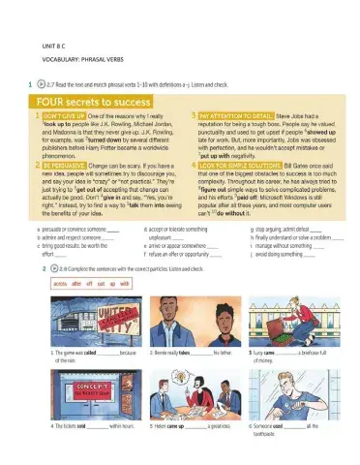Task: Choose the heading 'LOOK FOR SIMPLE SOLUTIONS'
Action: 229,166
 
